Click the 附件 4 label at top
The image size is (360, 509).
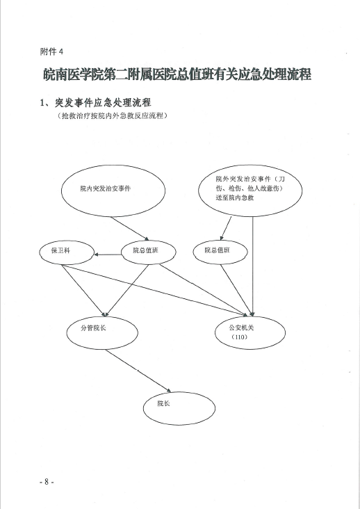pos(51,51)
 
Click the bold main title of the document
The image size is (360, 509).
pos(177,74)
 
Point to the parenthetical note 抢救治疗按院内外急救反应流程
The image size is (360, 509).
pos(112,115)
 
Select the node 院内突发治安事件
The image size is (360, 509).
pos(113,191)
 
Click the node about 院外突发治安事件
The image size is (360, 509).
pos(250,191)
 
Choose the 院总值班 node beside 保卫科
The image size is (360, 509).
pos(149,252)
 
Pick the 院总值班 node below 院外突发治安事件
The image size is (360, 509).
pos(220,252)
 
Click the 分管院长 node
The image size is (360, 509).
pos(102,333)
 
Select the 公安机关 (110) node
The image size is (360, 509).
pos(250,333)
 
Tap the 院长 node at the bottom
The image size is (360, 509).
pos(179,408)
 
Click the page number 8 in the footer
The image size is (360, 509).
pos(47,481)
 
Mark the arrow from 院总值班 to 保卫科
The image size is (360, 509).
pos(108,255)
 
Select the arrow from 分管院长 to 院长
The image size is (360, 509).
pos(138,371)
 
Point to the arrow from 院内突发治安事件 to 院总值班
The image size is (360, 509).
pos(130,229)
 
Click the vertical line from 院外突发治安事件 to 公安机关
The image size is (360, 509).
pos(253,266)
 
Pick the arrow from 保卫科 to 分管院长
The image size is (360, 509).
pos(84,291)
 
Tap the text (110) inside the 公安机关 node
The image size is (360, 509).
pos(240,337)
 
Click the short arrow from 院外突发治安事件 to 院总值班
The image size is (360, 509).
pos(226,228)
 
